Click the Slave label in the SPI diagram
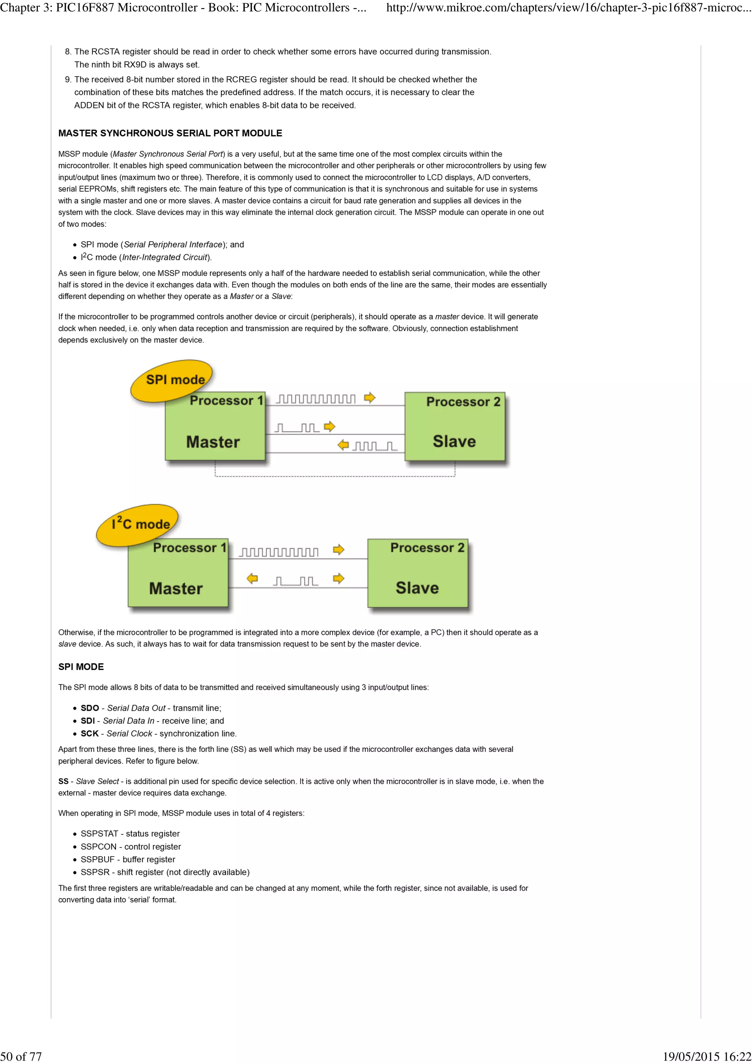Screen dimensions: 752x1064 454,441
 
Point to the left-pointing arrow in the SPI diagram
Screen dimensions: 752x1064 343,445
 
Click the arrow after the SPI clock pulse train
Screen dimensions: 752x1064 369,398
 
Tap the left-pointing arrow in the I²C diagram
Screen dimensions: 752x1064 252,578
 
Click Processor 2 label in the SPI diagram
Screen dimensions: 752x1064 463,402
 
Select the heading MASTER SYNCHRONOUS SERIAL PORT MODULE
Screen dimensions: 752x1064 170,134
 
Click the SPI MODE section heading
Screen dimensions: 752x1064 81,667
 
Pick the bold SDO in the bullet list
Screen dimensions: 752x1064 90,708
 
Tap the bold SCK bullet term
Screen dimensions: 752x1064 90,734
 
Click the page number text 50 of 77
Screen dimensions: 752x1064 21,1056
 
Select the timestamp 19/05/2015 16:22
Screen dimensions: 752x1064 706,1056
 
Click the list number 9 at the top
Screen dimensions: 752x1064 68,80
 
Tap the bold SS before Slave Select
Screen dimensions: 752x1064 63,781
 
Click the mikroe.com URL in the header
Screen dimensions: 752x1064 568,8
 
